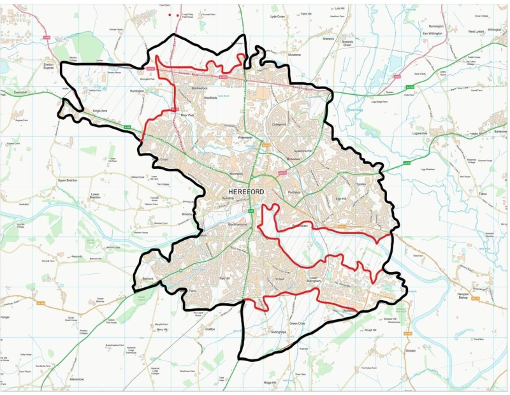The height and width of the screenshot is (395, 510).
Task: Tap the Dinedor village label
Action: (x=411, y=350)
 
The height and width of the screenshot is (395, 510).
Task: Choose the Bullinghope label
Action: (x=282, y=333)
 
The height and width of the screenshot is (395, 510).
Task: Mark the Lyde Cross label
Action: (x=279, y=17)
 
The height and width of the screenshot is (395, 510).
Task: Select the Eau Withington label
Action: (x=432, y=33)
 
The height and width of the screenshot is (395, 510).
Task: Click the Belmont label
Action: (x=149, y=279)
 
